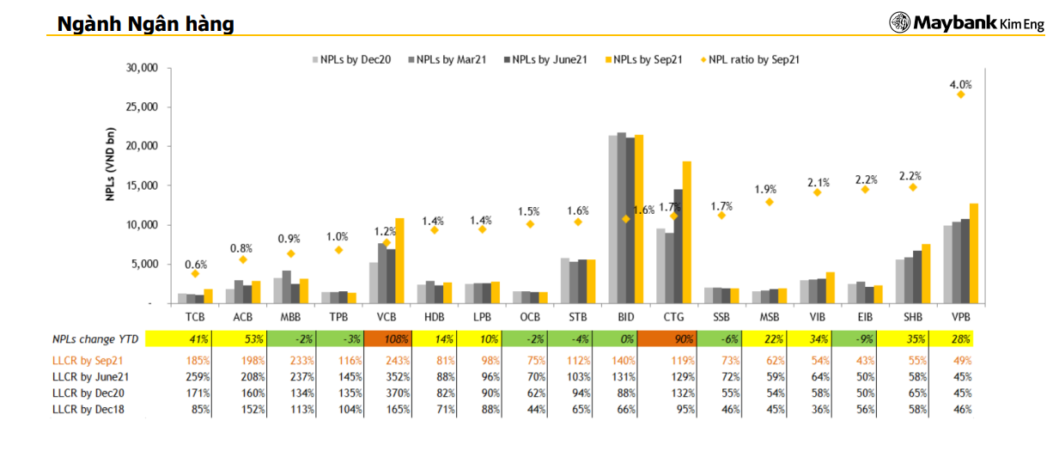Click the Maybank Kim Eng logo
[x=966, y=23]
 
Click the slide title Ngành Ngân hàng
[x=145, y=24]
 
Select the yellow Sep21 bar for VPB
[x=973, y=253]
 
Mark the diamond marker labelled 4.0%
[x=960, y=94]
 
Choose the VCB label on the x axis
[x=386, y=318]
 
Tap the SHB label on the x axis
[x=913, y=318]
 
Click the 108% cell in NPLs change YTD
[x=386, y=339]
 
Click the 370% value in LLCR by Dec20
[x=386, y=393]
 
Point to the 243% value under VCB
[x=386, y=361]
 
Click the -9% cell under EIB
[x=865, y=339]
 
